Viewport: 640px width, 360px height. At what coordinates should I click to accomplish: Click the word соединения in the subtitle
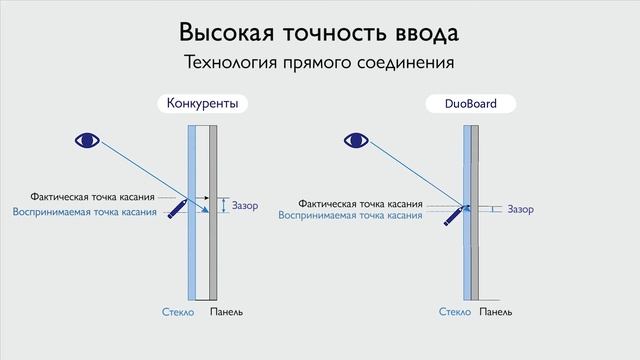click(406, 63)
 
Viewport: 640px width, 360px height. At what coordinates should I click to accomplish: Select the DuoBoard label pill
click(468, 103)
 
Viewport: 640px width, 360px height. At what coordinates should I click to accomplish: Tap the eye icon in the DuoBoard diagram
click(356, 140)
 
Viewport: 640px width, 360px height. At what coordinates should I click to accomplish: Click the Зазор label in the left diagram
click(245, 206)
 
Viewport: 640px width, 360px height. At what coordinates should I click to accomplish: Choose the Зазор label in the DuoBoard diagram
click(521, 210)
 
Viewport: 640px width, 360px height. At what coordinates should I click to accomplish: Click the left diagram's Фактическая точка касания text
click(92, 198)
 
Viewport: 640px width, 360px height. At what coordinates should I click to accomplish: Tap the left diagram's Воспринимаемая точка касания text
click(84, 212)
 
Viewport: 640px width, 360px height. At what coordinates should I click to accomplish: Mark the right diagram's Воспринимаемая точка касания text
click(349, 215)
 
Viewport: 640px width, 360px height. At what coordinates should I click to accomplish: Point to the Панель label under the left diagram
click(225, 313)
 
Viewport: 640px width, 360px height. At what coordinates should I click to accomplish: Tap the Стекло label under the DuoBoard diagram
click(455, 313)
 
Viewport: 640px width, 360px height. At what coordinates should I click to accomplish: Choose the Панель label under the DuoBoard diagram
click(496, 313)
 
